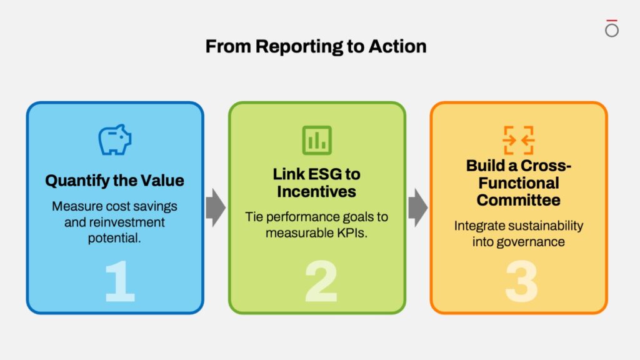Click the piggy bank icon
coord(115,140)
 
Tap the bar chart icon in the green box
coord(317,140)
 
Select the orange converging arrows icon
coord(518,140)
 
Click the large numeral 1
coord(119,281)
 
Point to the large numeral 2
coord(321,281)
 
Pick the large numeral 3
coord(521,281)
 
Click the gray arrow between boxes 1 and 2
coord(216,207)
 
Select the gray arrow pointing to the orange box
coord(418,207)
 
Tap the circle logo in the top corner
coord(612,29)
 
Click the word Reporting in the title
coord(300,47)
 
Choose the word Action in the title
coord(397,46)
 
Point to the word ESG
coord(325,174)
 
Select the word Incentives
coord(316,191)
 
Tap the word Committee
coord(518,200)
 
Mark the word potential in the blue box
coord(114,238)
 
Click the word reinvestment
coord(127,222)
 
